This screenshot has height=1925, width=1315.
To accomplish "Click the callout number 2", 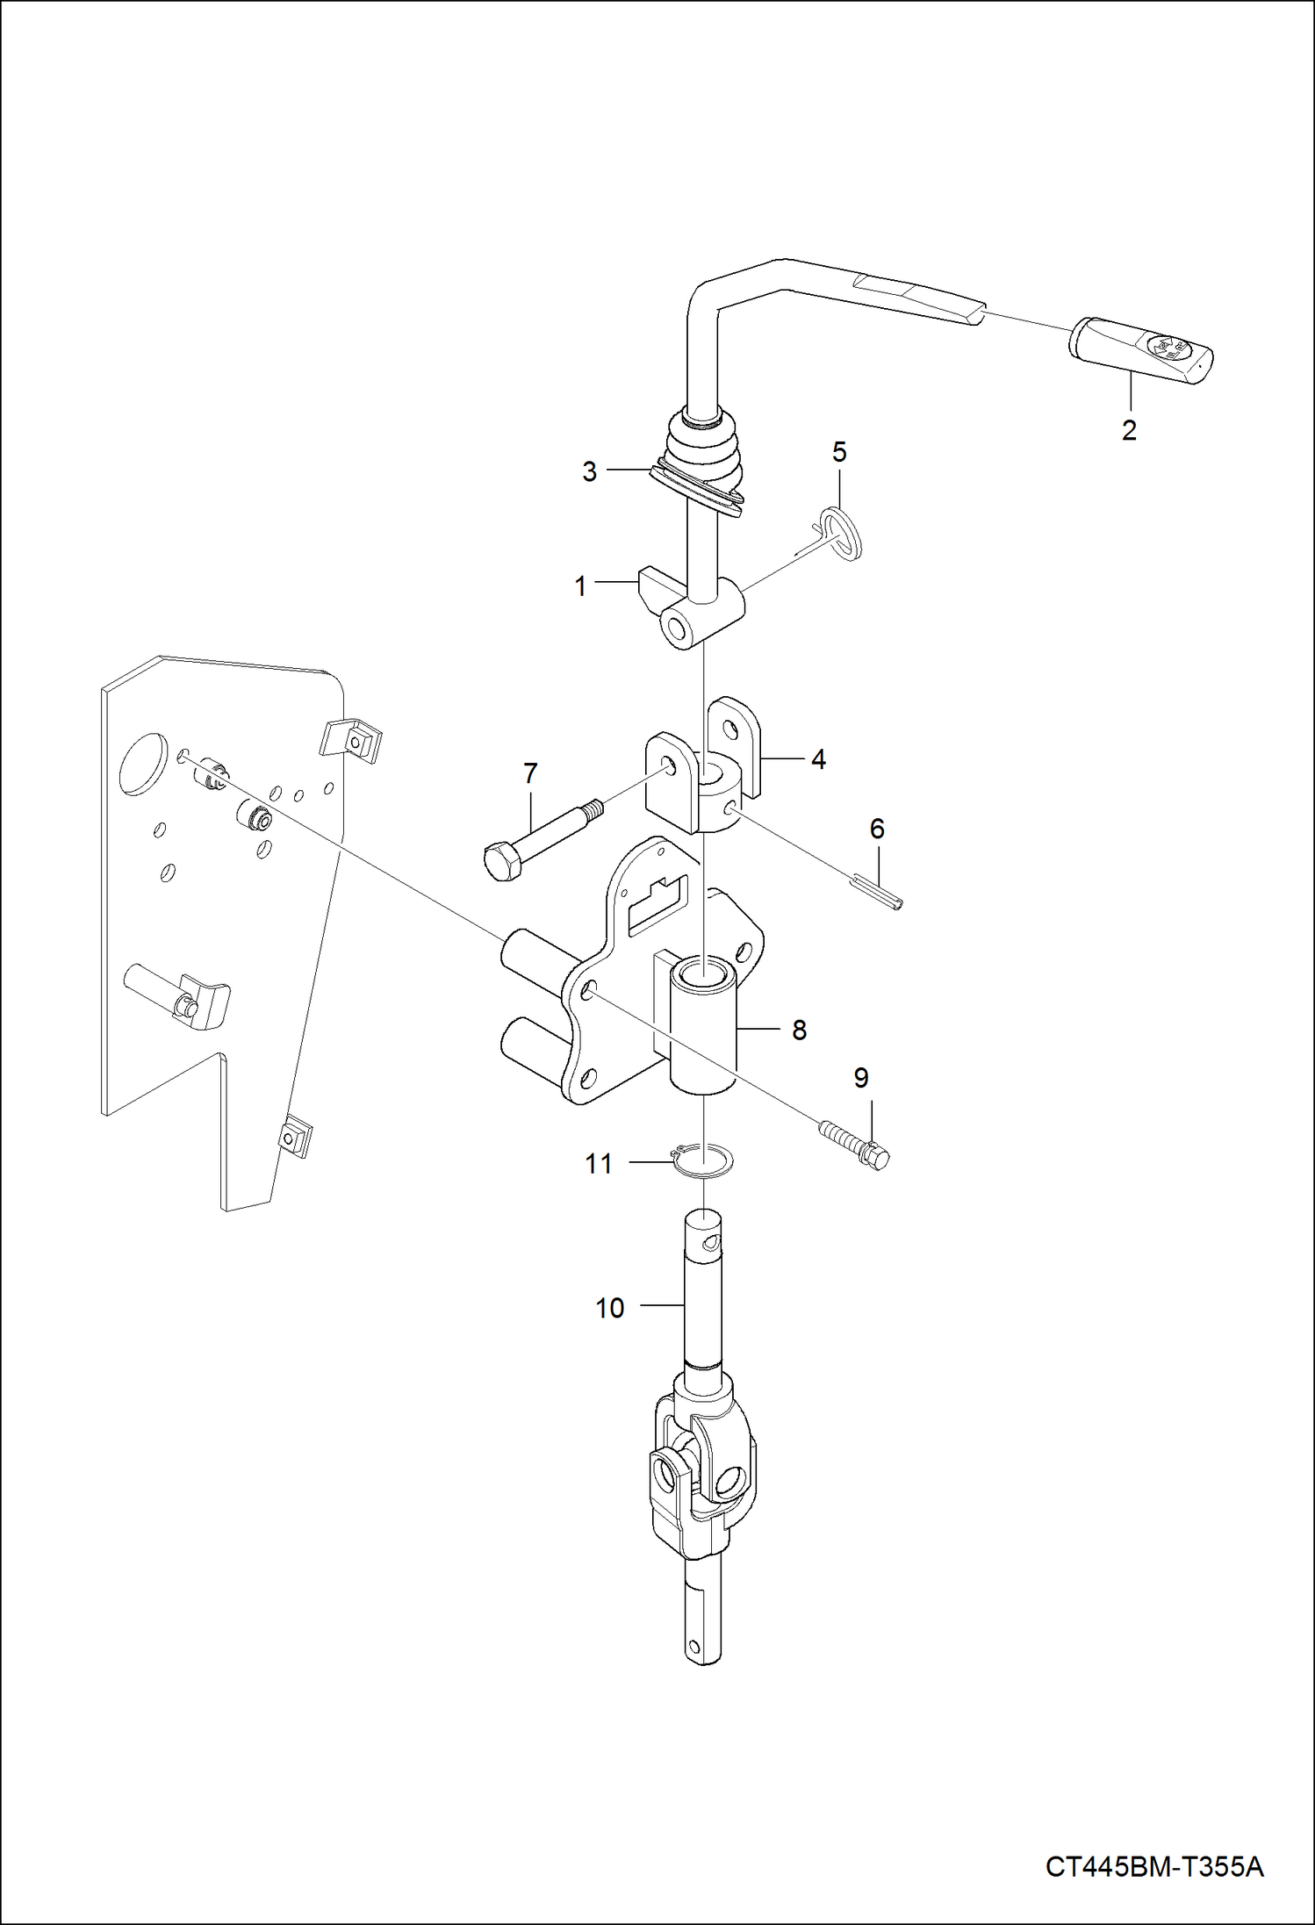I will click(1129, 430).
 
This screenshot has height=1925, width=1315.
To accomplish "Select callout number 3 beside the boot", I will click(589, 472).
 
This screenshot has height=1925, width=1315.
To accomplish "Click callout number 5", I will click(839, 453).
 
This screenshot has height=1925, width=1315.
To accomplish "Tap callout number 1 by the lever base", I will click(580, 586).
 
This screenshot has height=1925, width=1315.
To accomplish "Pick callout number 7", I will click(530, 774).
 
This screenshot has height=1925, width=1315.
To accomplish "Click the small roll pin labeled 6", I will click(876, 893).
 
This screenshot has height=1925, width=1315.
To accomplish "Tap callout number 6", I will click(877, 829).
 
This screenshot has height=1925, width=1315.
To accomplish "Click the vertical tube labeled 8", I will click(702, 1027).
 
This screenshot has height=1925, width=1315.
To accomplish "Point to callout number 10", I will click(609, 1308).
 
